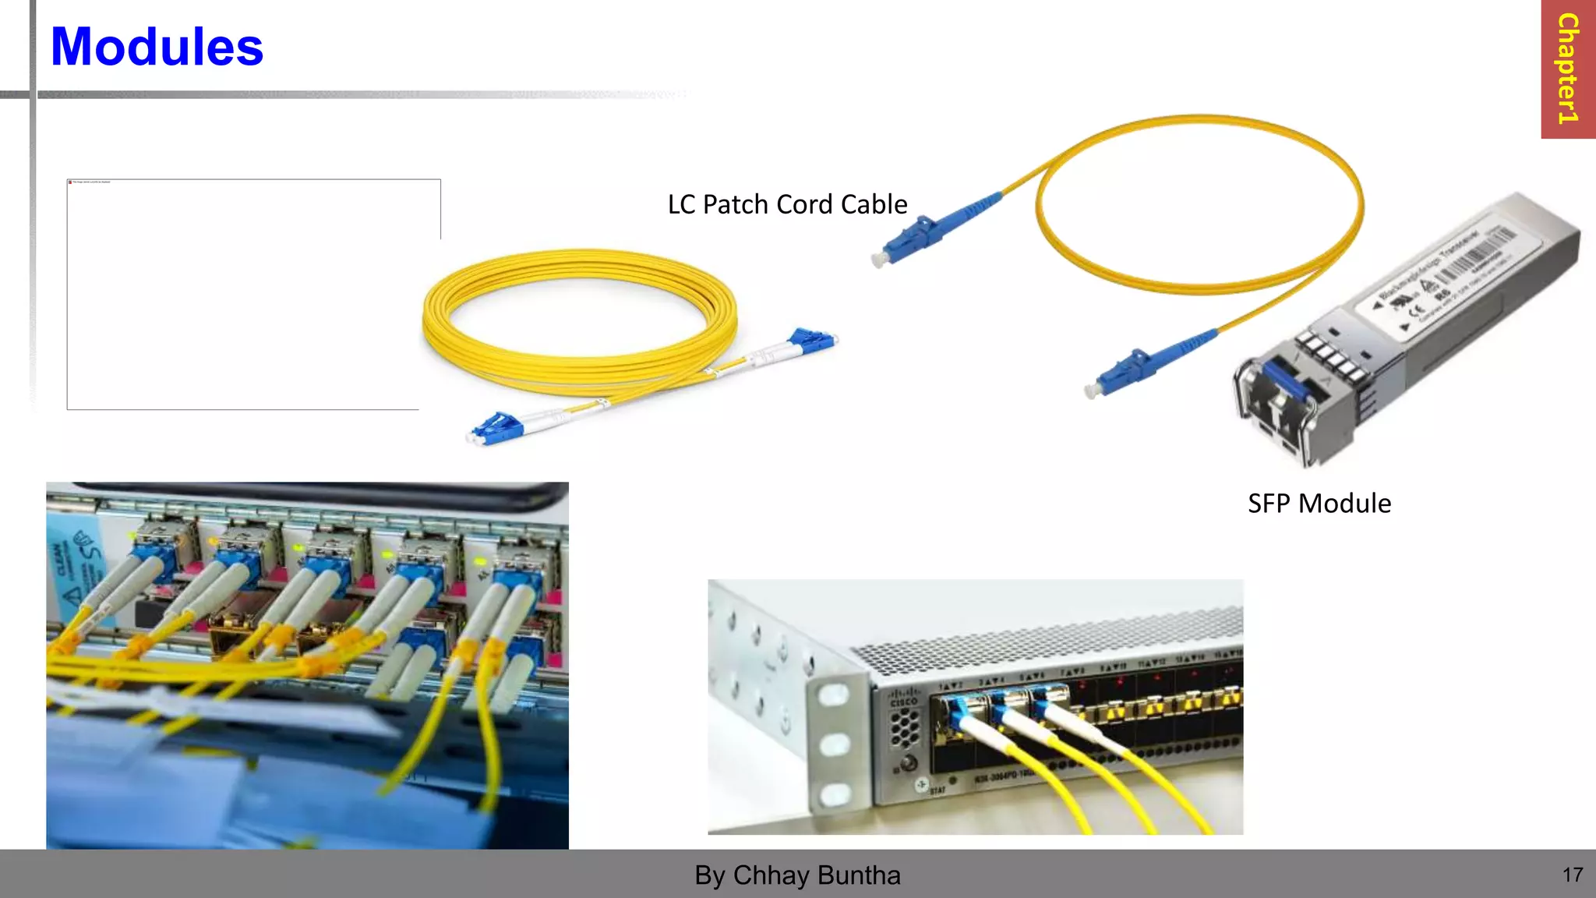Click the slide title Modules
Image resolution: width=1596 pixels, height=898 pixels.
[157, 47]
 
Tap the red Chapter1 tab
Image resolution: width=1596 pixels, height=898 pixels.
[1568, 69]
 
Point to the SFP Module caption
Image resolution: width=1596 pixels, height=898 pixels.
[1319, 504]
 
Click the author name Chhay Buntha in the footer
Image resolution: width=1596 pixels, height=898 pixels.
[816, 875]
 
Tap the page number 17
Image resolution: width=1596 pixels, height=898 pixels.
[1573, 875]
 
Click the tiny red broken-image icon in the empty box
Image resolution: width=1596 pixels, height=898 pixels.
[70, 182]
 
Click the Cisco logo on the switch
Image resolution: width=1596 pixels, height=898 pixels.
[903, 695]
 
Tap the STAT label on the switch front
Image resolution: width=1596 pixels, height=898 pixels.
[937, 790]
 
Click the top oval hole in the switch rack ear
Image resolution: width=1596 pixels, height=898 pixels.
[834, 694]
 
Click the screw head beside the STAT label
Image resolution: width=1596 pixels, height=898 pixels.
[922, 784]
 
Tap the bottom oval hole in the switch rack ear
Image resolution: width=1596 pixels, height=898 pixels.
[835, 794]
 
